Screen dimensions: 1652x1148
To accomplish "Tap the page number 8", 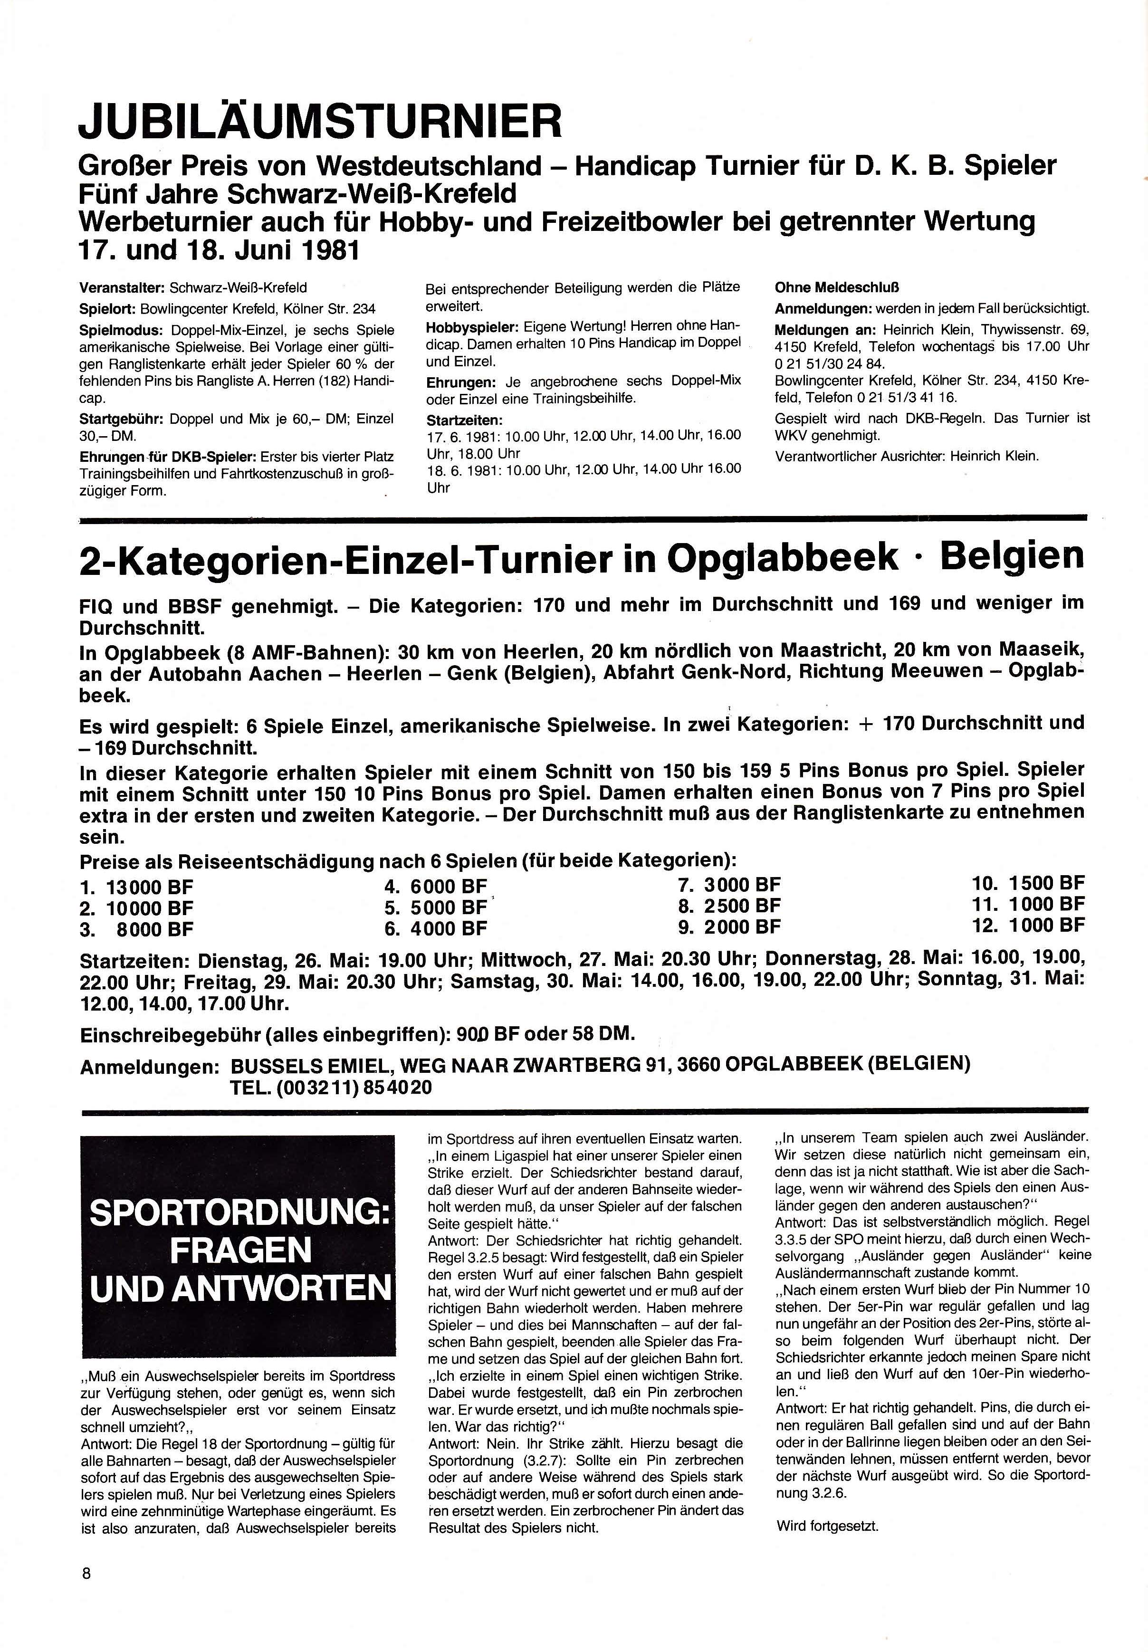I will click(x=86, y=1572).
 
